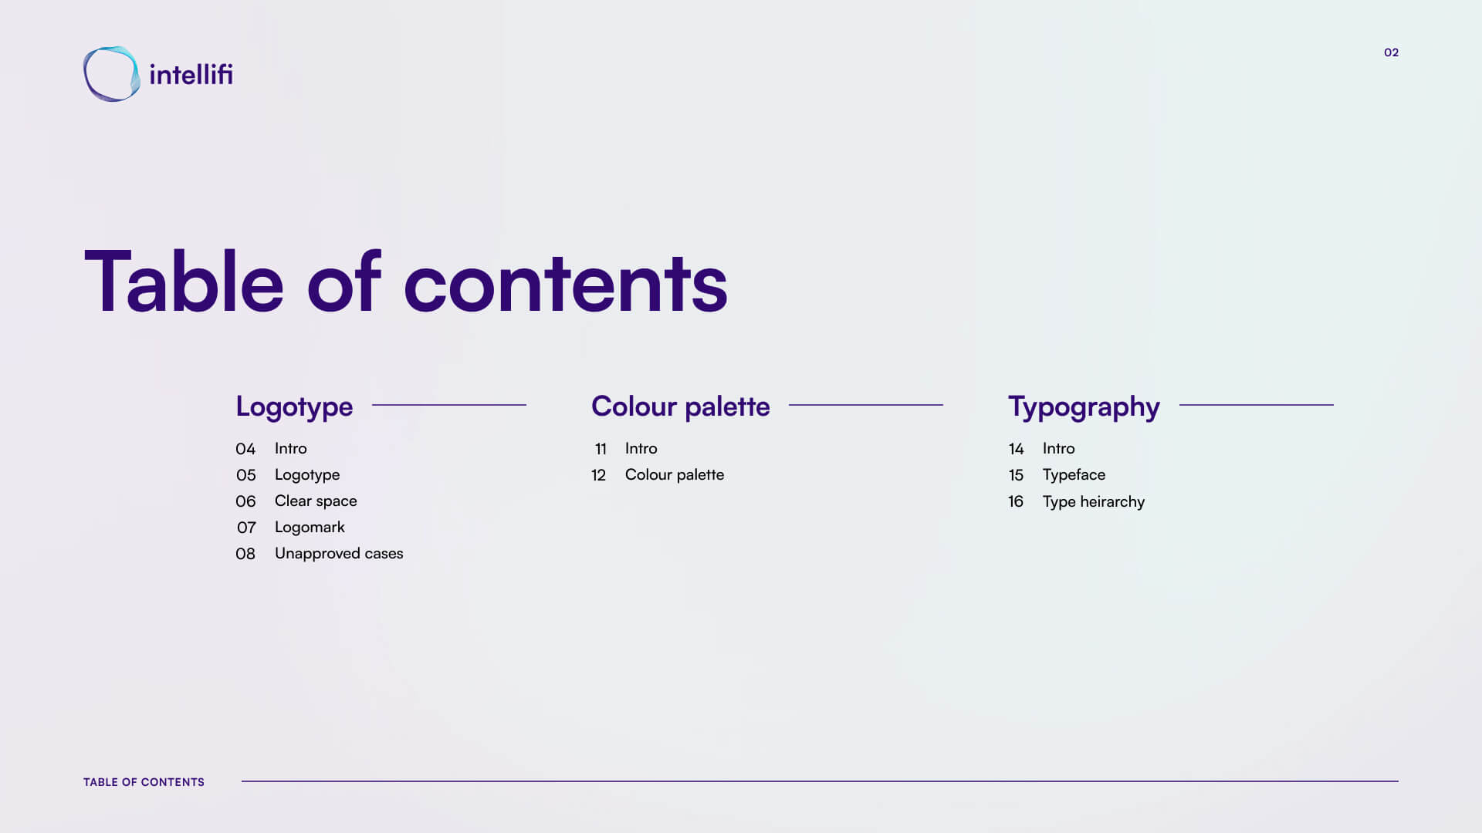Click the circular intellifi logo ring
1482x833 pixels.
(86, 75)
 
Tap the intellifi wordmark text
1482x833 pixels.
(191, 74)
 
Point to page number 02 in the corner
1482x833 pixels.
(1391, 52)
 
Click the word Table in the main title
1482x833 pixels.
(184, 282)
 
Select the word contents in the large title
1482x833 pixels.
(565, 284)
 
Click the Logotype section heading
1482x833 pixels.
(294, 406)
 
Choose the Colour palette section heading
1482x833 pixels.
(680, 406)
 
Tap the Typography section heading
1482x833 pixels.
(1084, 406)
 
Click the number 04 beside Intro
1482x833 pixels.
(245, 449)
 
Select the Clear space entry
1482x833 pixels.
(316, 501)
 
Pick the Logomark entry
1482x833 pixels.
(310, 528)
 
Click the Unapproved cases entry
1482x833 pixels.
(339, 554)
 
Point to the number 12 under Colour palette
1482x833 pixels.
(599, 475)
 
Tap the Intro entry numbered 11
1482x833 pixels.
(641, 448)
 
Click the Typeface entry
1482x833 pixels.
(1074, 475)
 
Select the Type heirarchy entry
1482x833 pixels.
(1093, 502)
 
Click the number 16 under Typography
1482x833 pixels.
(1016, 501)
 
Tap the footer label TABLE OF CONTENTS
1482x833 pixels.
(144, 782)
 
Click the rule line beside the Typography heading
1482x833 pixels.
(1257, 405)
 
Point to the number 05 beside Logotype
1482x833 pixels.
(245, 475)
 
